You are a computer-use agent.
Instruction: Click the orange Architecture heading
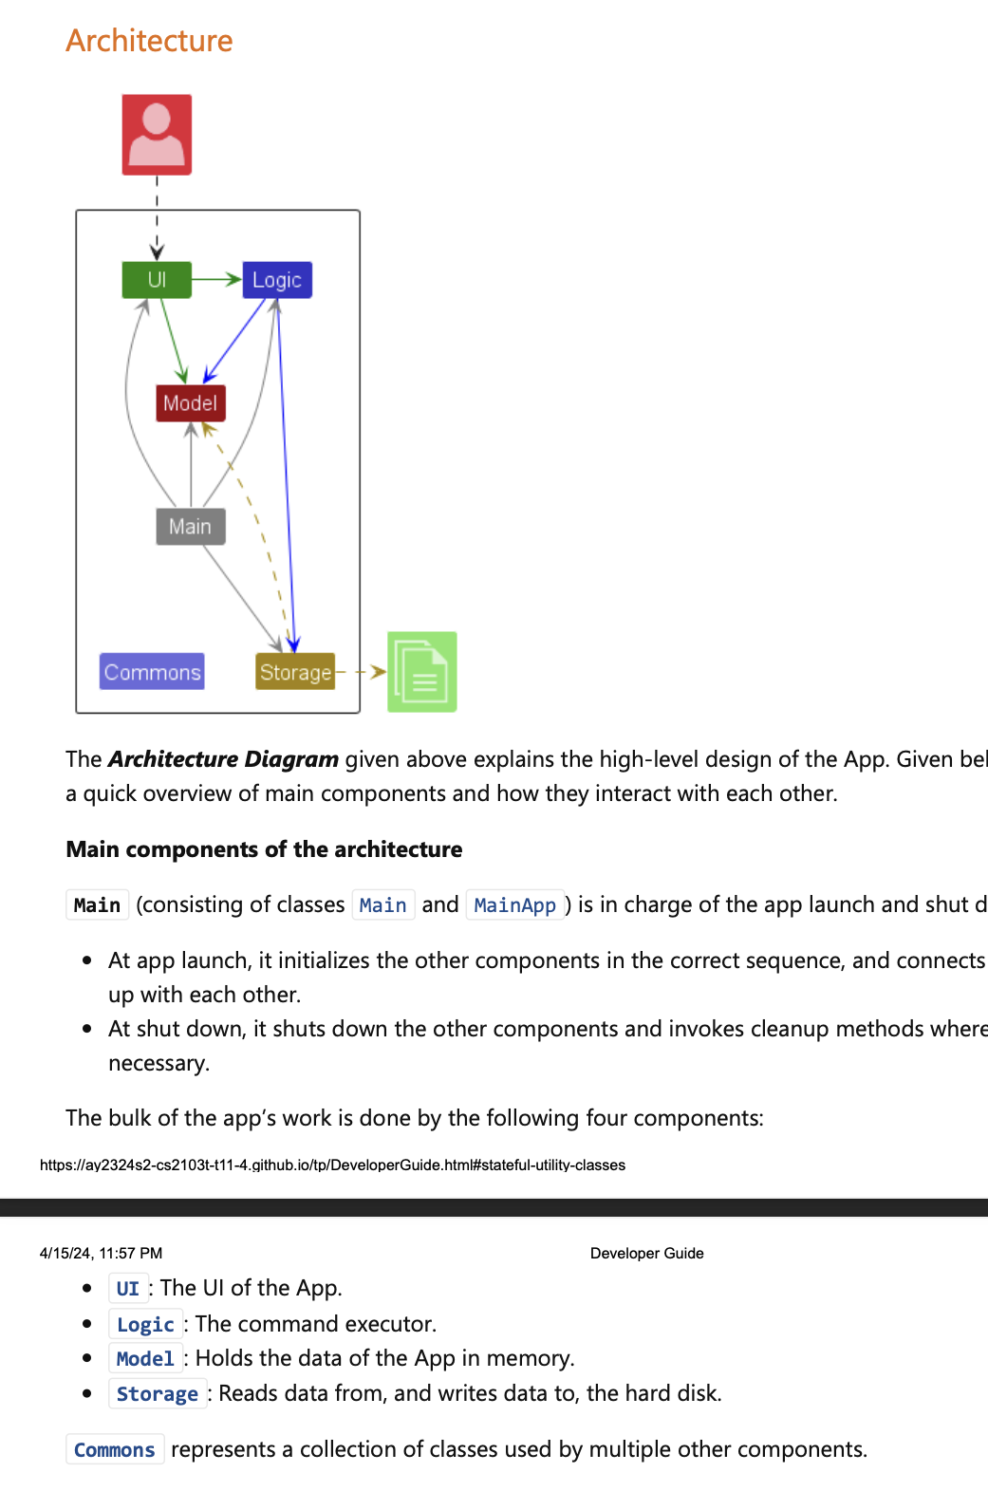coord(149,41)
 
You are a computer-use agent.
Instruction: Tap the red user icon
coord(157,135)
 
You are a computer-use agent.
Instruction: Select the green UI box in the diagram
coord(157,280)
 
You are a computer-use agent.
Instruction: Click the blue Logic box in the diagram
coord(276,280)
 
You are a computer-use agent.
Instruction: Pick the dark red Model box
coord(190,403)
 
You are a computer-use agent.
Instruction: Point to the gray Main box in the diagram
coord(190,527)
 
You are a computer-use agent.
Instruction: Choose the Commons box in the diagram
coord(152,672)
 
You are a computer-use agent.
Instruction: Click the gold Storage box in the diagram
coord(295,672)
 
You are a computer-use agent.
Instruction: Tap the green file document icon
coord(422,672)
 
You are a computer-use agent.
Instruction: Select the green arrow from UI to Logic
coord(216,279)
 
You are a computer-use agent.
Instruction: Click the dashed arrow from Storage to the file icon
coord(362,672)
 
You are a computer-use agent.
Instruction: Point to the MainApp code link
coord(514,905)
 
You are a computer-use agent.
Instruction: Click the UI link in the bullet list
coord(128,1289)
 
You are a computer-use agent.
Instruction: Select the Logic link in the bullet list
coord(145,1325)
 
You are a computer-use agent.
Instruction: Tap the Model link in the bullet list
coord(145,1359)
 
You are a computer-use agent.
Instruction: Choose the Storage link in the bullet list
coord(157,1394)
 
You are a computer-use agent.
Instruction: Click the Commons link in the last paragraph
coord(114,1450)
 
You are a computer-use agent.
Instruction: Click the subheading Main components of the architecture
coord(264,849)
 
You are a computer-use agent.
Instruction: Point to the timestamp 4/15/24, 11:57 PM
coord(101,1254)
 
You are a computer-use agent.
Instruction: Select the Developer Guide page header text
coord(646,1254)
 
